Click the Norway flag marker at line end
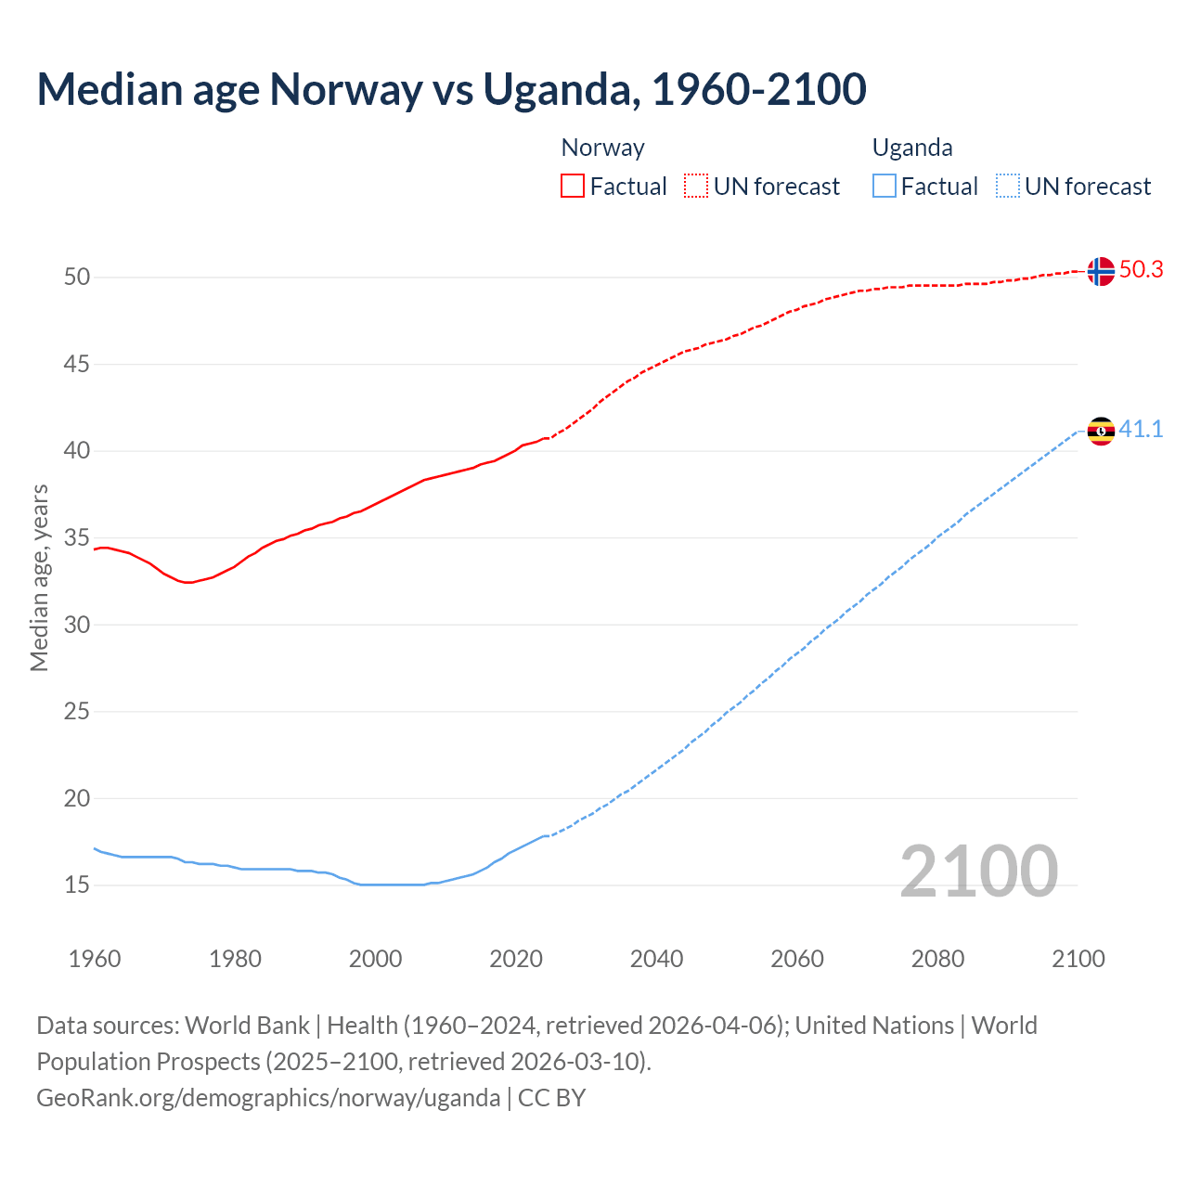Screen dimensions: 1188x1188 click(x=1101, y=271)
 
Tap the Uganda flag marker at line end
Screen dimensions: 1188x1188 click(x=1101, y=431)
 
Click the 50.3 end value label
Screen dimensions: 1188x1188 click(x=1141, y=269)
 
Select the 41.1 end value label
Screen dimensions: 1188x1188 click(x=1141, y=429)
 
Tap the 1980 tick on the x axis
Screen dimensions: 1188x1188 click(x=235, y=959)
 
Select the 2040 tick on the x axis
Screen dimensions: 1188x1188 click(x=656, y=959)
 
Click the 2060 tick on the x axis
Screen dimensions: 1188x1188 click(x=797, y=959)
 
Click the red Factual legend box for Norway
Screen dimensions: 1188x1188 click(x=573, y=186)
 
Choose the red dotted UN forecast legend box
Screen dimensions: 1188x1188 click(x=696, y=186)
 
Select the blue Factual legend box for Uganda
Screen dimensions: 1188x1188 click(x=885, y=186)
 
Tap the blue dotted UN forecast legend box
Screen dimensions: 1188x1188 click(x=1008, y=186)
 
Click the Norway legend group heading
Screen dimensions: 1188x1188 click(x=602, y=148)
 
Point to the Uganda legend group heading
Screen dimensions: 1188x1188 click(x=912, y=148)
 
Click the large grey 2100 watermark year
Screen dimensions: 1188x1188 click(x=978, y=871)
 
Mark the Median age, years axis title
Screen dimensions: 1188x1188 click(x=39, y=577)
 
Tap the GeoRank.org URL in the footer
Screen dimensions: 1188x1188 click(x=268, y=1097)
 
